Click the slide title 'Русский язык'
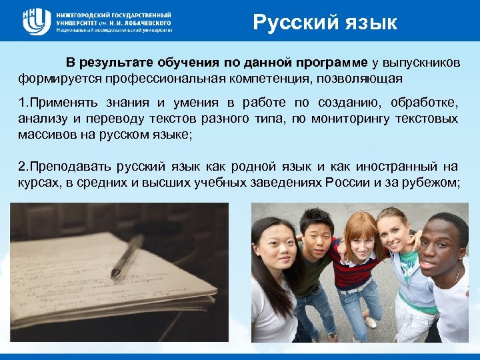325,23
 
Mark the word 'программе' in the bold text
333,63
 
